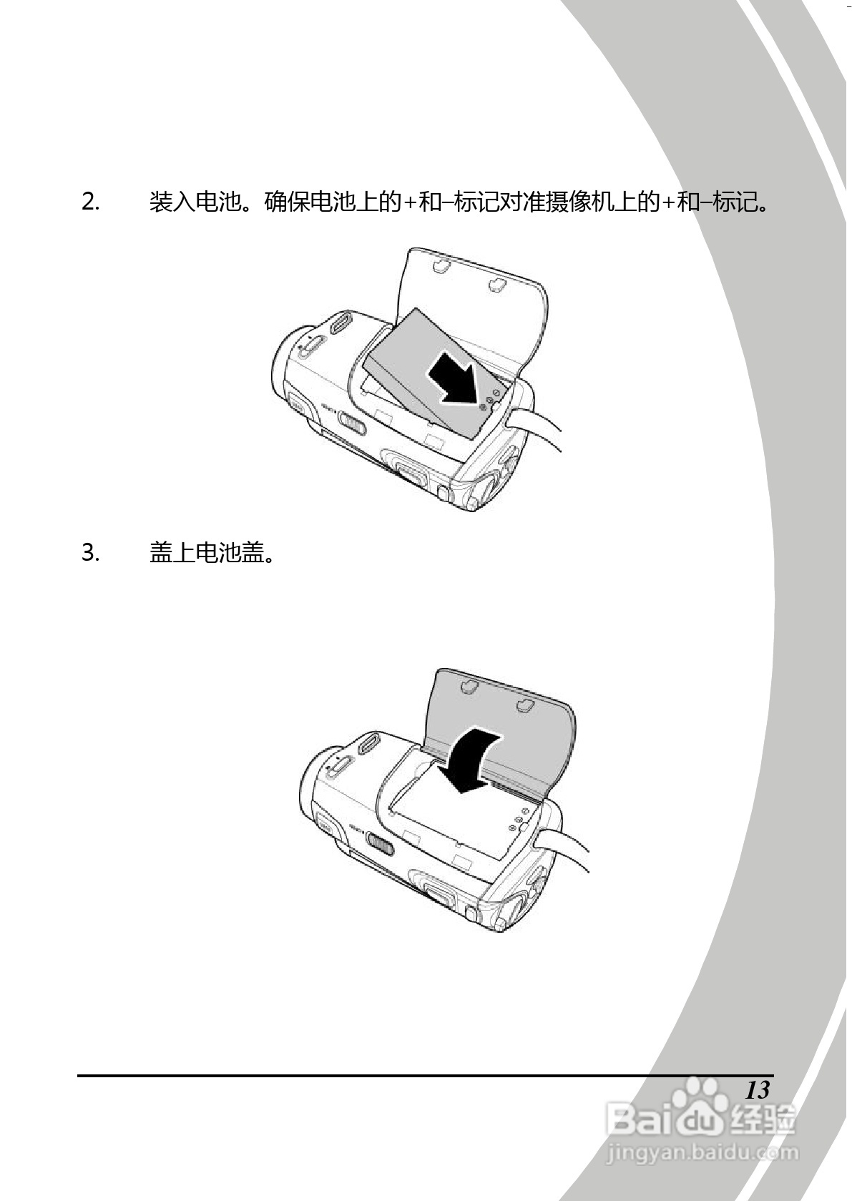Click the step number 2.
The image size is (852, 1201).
(x=90, y=202)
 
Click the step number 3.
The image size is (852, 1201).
(x=90, y=553)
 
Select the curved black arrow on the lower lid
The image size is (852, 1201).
(x=469, y=758)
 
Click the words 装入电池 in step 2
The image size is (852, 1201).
(x=194, y=202)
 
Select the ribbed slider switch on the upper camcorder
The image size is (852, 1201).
(x=353, y=425)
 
